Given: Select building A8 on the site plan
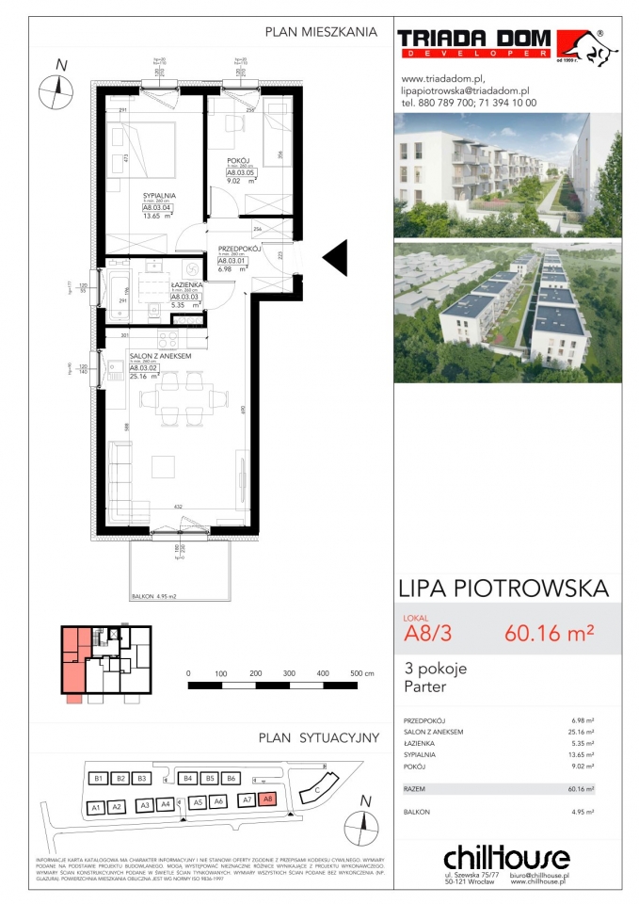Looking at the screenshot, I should [267, 799].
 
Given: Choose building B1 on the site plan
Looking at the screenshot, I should [96, 779].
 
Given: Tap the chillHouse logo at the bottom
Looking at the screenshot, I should [505, 859].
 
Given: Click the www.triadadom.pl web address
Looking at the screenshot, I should [442, 78].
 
